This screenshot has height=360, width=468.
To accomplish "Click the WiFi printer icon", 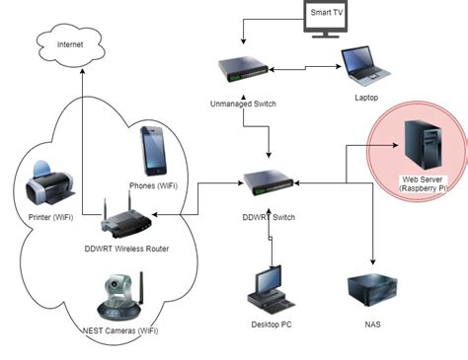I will pos(45,182).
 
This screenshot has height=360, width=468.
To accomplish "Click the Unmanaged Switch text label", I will pos(243,103).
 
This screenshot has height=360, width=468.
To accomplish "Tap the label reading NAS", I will pos(372,324).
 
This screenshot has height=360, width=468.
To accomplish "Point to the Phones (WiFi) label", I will pos(155,183).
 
